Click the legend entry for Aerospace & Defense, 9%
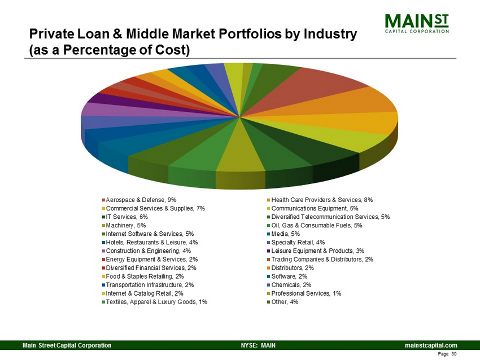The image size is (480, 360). pos(142,200)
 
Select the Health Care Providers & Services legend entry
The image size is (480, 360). pos(322,200)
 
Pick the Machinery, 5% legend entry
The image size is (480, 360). pos(126,226)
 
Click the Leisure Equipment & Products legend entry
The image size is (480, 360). pos(317,251)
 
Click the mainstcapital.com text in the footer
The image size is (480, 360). pos(431,344)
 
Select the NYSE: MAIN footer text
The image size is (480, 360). pos(258,344)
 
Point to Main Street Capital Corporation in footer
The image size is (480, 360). pos(67,344)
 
